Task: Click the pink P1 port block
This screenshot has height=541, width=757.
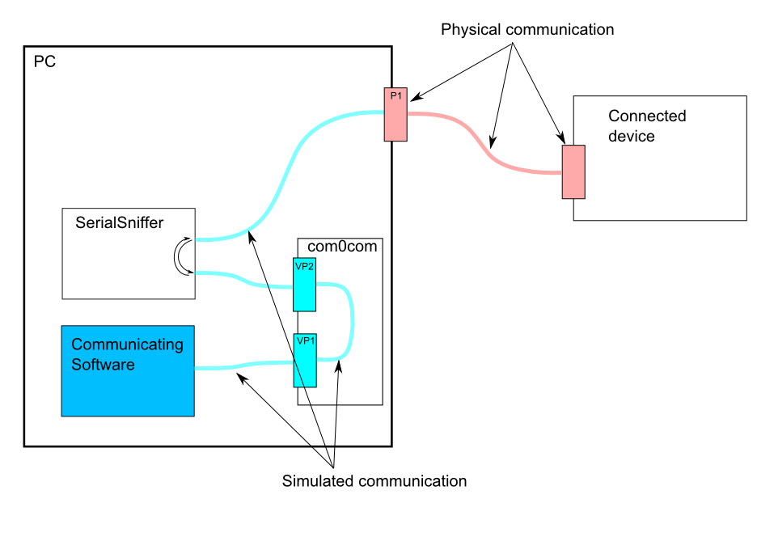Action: [x=395, y=114]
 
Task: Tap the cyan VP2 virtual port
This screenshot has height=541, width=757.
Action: [x=304, y=284]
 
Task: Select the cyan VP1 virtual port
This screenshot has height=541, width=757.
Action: [x=304, y=360]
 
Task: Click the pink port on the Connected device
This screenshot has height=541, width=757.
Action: [x=573, y=171]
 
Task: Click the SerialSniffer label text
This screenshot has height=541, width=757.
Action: [x=120, y=222]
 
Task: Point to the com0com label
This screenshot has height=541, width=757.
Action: [x=342, y=246]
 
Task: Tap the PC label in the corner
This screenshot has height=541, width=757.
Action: [x=44, y=61]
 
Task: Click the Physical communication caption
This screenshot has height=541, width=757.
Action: [x=527, y=30]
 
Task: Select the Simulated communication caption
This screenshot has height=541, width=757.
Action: [x=374, y=481]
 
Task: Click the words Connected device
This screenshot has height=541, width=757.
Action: [x=647, y=126]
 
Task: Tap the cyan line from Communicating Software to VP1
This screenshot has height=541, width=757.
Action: [x=243, y=366]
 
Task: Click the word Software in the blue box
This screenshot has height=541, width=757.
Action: [x=103, y=365]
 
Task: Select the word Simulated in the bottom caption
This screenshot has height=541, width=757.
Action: [x=318, y=481]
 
